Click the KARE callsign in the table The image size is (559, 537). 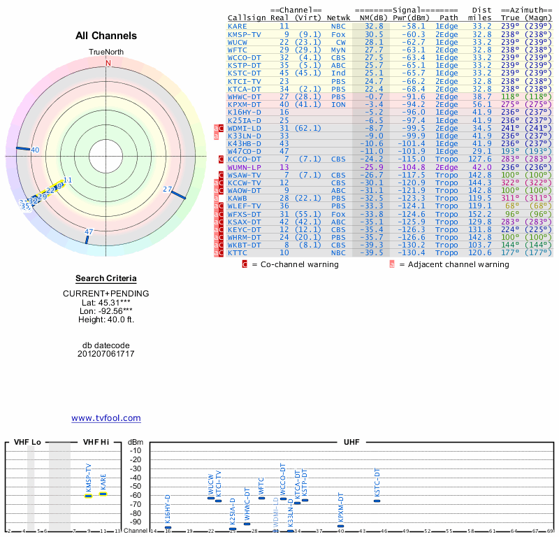[x=237, y=26]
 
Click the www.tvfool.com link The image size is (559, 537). [x=106, y=418]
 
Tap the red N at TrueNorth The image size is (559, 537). [x=108, y=63]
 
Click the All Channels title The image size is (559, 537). [x=106, y=36]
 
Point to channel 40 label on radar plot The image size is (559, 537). [x=35, y=150]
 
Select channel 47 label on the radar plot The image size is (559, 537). [x=89, y=231]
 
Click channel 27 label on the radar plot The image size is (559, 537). [x=167, y=189]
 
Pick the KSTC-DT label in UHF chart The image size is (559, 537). [x=377, y=483]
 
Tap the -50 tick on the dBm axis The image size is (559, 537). [x=136, y=487]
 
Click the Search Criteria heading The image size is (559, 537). [x=106, y=278]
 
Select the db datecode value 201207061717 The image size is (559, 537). [x=106, y=354]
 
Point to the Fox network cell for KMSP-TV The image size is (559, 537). [x=338, y=34]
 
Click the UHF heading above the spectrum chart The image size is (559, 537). [x=351, y=443]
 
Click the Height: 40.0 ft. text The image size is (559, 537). [x=106, y=320]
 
